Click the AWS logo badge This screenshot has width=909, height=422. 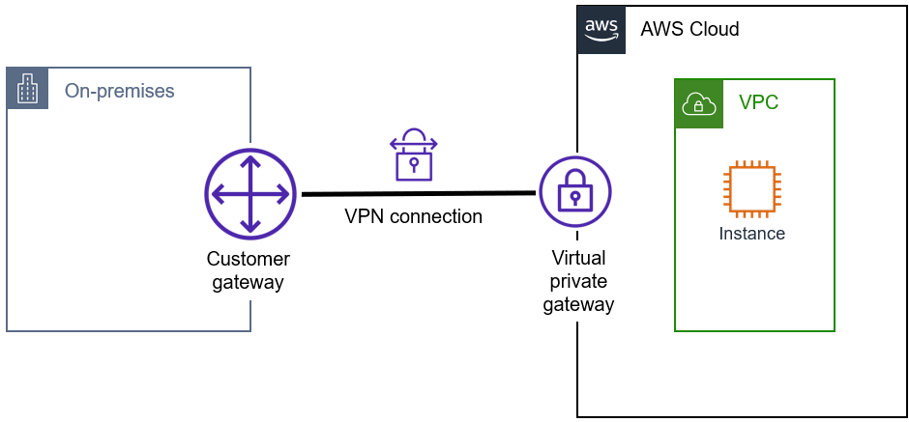pos(601,29)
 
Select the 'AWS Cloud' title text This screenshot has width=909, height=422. pos(689,29)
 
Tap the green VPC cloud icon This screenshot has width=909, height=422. pos(698,103)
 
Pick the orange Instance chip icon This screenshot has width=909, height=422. pos(751,188)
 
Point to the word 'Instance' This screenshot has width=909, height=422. pos(751,234)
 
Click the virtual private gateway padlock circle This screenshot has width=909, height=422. pos(575,192)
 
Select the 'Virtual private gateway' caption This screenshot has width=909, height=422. pos(577,281)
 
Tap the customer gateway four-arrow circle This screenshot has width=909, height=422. pos(249,194)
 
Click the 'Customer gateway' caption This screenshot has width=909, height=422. pos(249,270)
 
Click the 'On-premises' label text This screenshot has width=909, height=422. pos(119,92)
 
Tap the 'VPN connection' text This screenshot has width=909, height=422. pos(413,217)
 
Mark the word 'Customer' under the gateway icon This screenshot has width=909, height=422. pos(249,259)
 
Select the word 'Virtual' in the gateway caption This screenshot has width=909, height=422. pos(578,259)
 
